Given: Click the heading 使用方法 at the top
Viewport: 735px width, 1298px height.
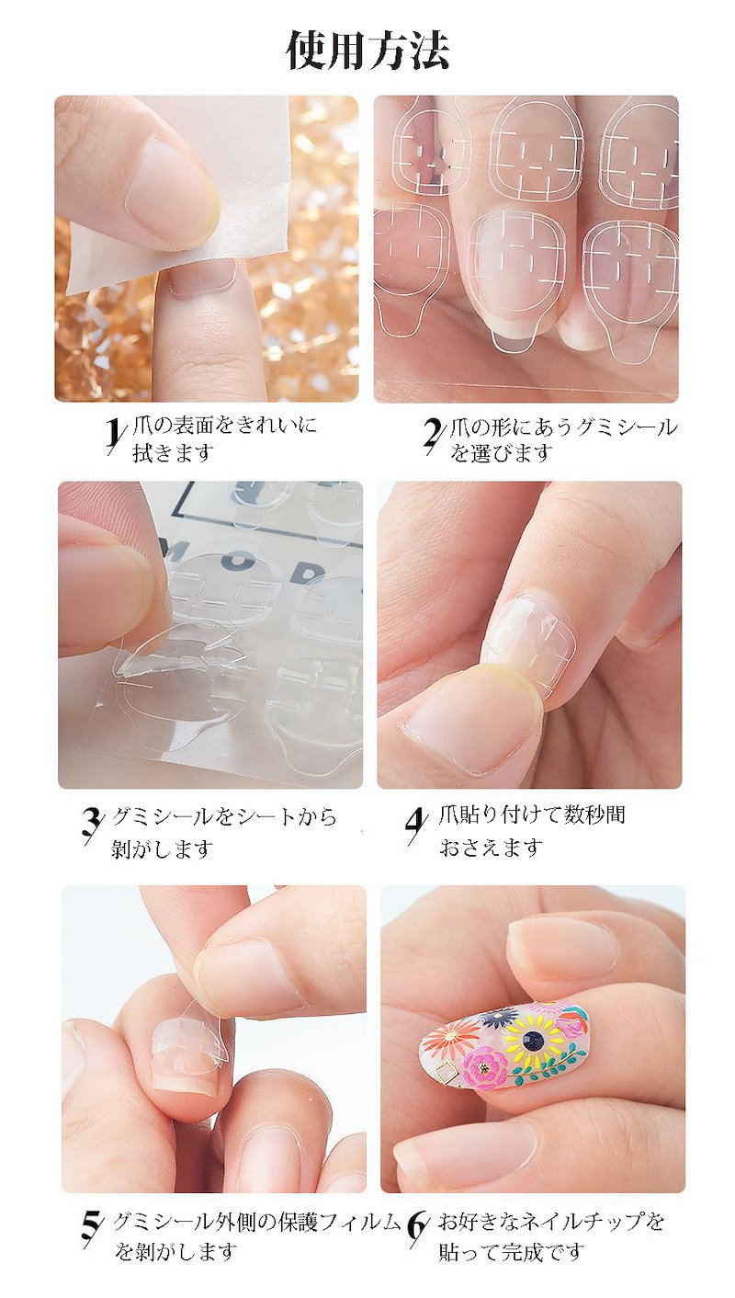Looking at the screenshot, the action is pos(367,51).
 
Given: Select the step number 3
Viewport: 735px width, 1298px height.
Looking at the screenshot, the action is pos(93,825).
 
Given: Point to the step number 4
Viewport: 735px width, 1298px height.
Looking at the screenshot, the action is pos(417,825).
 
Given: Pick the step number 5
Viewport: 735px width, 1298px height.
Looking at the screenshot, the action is pos(93,1214).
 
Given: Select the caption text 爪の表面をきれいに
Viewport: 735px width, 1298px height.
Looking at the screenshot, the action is pos(225,426).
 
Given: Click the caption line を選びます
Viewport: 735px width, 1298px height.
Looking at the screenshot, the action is pos(502,452).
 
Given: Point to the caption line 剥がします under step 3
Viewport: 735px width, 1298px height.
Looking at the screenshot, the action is pos(163,849).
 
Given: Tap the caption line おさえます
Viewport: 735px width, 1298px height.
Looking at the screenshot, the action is pos(492,848).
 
